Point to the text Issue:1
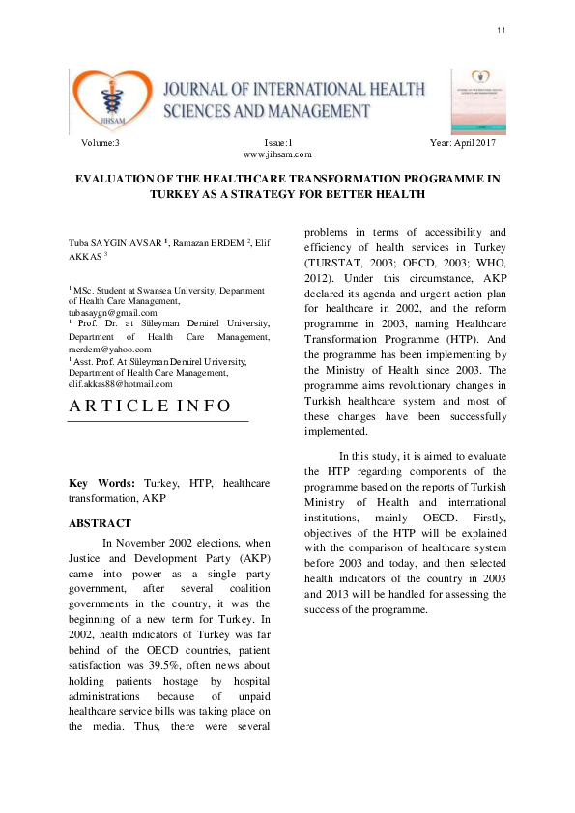coord(278,143)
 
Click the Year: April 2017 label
coord(462,143)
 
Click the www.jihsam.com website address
coord(277,154)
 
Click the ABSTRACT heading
coord(100,523)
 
